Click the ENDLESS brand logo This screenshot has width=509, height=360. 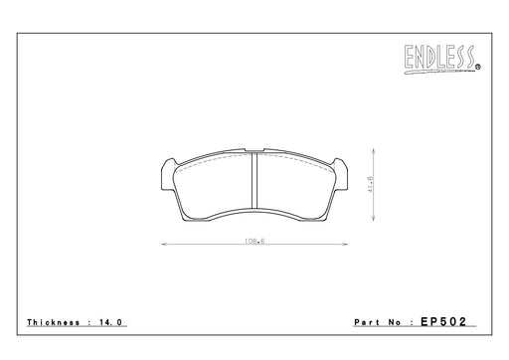pos(441,60)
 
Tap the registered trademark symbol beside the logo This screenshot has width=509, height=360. pos(478,68)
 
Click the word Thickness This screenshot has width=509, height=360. pos(54,322)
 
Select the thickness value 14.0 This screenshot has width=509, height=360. pos(110,322)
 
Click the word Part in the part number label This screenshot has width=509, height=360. pos(367,322)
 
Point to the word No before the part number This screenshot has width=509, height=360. pos(395,322)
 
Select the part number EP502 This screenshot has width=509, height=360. pos(443,321)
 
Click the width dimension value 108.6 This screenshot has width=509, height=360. pos(254,241)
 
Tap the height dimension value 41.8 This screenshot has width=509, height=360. pos(370,184)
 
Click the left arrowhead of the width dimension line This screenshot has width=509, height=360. pos(164,245)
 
